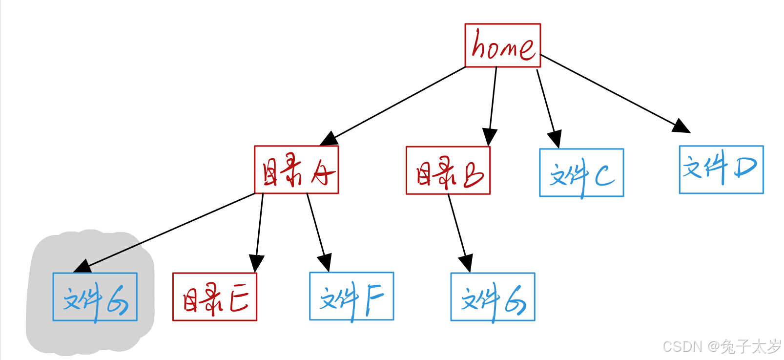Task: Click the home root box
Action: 502,45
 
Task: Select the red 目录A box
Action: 296,169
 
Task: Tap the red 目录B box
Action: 448,170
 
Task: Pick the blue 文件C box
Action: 581,172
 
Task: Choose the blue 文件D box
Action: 721,169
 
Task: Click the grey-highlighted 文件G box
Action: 95,296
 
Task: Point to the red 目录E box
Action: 214,296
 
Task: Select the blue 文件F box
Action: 351,296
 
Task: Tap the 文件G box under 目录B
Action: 493,296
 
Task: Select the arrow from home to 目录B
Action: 493,103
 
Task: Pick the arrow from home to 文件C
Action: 547,105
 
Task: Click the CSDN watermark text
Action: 722,346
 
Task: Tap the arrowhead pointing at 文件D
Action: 681,127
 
